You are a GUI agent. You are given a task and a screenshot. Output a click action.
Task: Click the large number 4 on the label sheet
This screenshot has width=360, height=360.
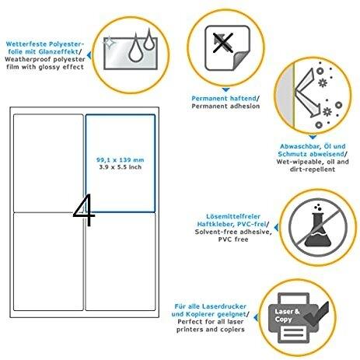coord(84,210)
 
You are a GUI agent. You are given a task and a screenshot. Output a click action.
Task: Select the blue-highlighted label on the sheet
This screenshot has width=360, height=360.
coord(121,163)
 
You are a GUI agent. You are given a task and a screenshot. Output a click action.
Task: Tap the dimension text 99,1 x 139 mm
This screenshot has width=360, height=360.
coord(120,159)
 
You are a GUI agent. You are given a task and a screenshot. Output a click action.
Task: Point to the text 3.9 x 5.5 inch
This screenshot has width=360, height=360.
coord(121,167)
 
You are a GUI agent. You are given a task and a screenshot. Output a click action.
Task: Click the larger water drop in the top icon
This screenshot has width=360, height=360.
coord(135,48)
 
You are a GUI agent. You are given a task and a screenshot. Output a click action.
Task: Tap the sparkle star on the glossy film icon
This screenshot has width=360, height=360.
coord(110,42)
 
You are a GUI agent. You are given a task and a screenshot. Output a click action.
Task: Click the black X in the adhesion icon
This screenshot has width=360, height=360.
coord(223,43)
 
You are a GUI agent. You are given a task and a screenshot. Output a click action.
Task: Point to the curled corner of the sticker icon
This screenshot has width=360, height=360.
coord(241,61)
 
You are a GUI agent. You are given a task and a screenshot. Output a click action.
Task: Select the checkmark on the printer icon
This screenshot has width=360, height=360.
coord(316,313)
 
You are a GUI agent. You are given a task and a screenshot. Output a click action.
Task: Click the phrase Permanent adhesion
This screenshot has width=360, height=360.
coord(225,106)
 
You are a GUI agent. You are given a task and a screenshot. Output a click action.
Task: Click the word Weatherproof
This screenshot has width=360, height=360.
coord(26,59)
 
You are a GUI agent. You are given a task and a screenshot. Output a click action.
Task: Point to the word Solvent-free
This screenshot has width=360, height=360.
coord(216,232)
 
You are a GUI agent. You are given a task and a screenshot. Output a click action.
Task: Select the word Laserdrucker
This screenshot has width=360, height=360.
coord(224,306)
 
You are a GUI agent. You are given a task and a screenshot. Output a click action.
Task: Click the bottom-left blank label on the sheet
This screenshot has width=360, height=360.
coord(48,261)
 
